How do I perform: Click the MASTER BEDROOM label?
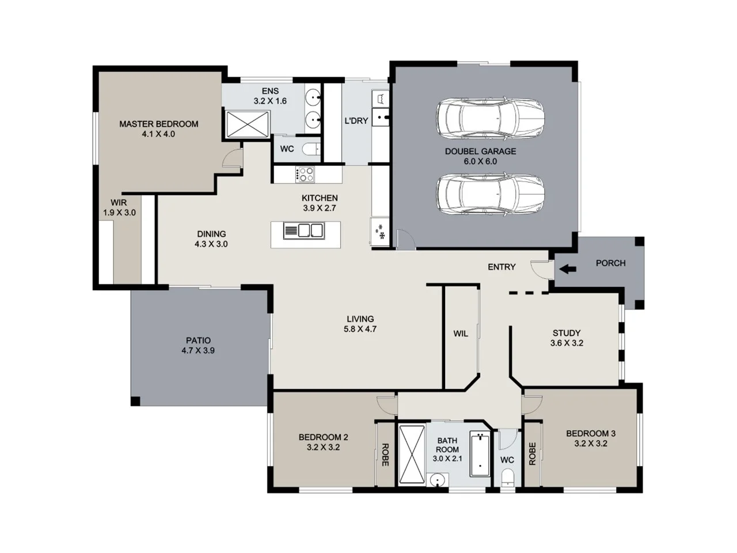tap(158, 124)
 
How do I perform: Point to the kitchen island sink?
tap(311, 231)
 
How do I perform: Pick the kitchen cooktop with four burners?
tap(305, 174)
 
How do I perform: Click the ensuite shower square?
tap(247, 124)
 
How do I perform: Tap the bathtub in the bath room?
tap(479, 454)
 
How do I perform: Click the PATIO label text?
tap(198, 340)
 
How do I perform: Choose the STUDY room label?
tap(567, 333)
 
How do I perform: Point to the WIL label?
tap(461, 334)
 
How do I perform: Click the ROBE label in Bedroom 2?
tap(385, 454)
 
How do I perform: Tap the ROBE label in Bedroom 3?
tap(532, 454)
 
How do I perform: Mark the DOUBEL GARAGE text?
tap(480, 151)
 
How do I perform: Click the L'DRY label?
tap(356, 121)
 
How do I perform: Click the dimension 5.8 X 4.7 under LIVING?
tap(360, 329)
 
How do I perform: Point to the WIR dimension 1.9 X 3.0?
tap(119, 213)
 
